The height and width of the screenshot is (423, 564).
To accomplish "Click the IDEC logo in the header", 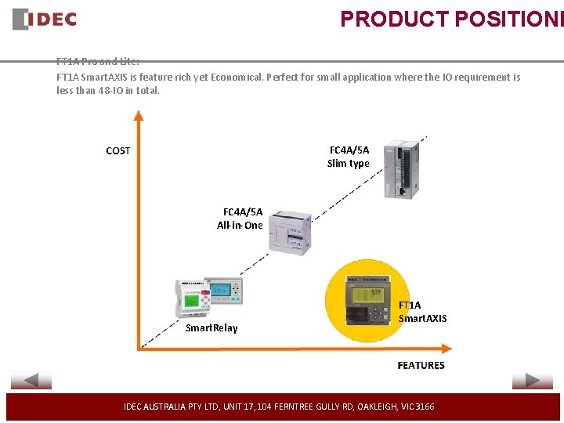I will coord(45,19).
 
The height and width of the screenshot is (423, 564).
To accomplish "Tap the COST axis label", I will coord(118,150).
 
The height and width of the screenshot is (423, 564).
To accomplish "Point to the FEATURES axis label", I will coord(421,365).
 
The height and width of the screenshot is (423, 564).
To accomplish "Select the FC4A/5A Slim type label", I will coord(349,157).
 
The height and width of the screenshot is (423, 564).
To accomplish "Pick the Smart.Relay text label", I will coord(211,327).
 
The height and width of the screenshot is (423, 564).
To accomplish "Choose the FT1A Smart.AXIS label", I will coord(422,312).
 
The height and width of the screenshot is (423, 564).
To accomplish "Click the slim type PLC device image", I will coord(400,169).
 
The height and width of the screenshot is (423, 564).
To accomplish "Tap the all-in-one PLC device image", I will coord(290,231).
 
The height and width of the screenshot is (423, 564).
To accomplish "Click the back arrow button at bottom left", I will coord(31,381).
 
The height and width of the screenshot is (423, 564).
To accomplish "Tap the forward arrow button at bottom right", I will coord(532,381).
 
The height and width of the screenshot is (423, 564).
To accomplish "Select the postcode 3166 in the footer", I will coord(425,407).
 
